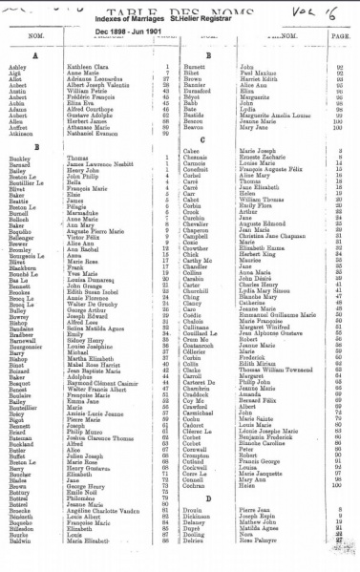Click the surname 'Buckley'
point(20,159)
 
